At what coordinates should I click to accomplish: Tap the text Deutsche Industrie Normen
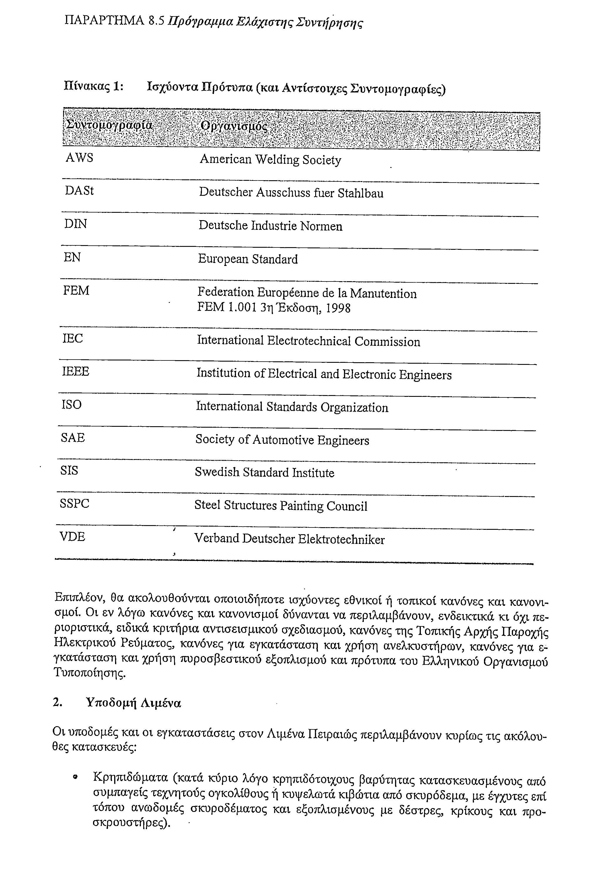pos(270,226)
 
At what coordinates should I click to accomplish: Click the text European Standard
pos(248,259)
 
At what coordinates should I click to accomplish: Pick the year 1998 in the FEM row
pos(338,309)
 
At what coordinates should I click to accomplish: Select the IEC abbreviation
pos(72,338)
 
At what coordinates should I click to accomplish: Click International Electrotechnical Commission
pos(308,341)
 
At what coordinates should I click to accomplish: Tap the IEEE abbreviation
pos(75,372)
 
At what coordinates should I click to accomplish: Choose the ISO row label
pos(71,405)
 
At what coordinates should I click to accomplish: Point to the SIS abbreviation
pos(69,471)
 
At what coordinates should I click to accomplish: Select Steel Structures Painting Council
pos(281,506)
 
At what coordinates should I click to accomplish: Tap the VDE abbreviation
pos(72,537)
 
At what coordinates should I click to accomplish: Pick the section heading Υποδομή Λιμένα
pos(134,703)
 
